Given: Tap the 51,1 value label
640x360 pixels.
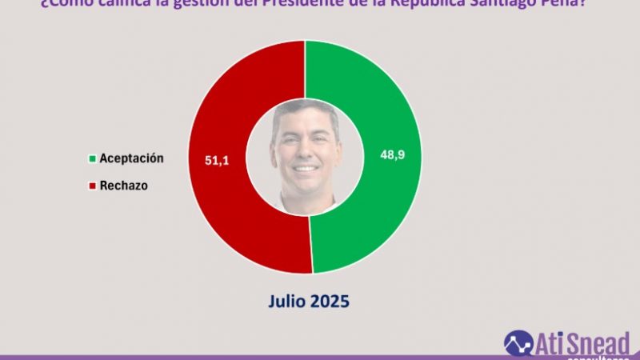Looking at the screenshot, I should tap(218, 162).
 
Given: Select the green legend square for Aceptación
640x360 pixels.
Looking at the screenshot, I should tap(94, 159).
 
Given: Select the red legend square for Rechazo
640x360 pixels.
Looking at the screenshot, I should tap(94, 186).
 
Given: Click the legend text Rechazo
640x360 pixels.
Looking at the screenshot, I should tap(124, 186).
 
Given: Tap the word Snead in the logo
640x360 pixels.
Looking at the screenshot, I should tap(600, 342).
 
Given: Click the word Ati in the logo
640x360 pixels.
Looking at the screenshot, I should tap(552, 342).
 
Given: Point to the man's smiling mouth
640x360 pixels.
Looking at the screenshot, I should tap(305, 170).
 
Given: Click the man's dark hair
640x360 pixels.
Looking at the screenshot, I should tap(305, 112).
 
